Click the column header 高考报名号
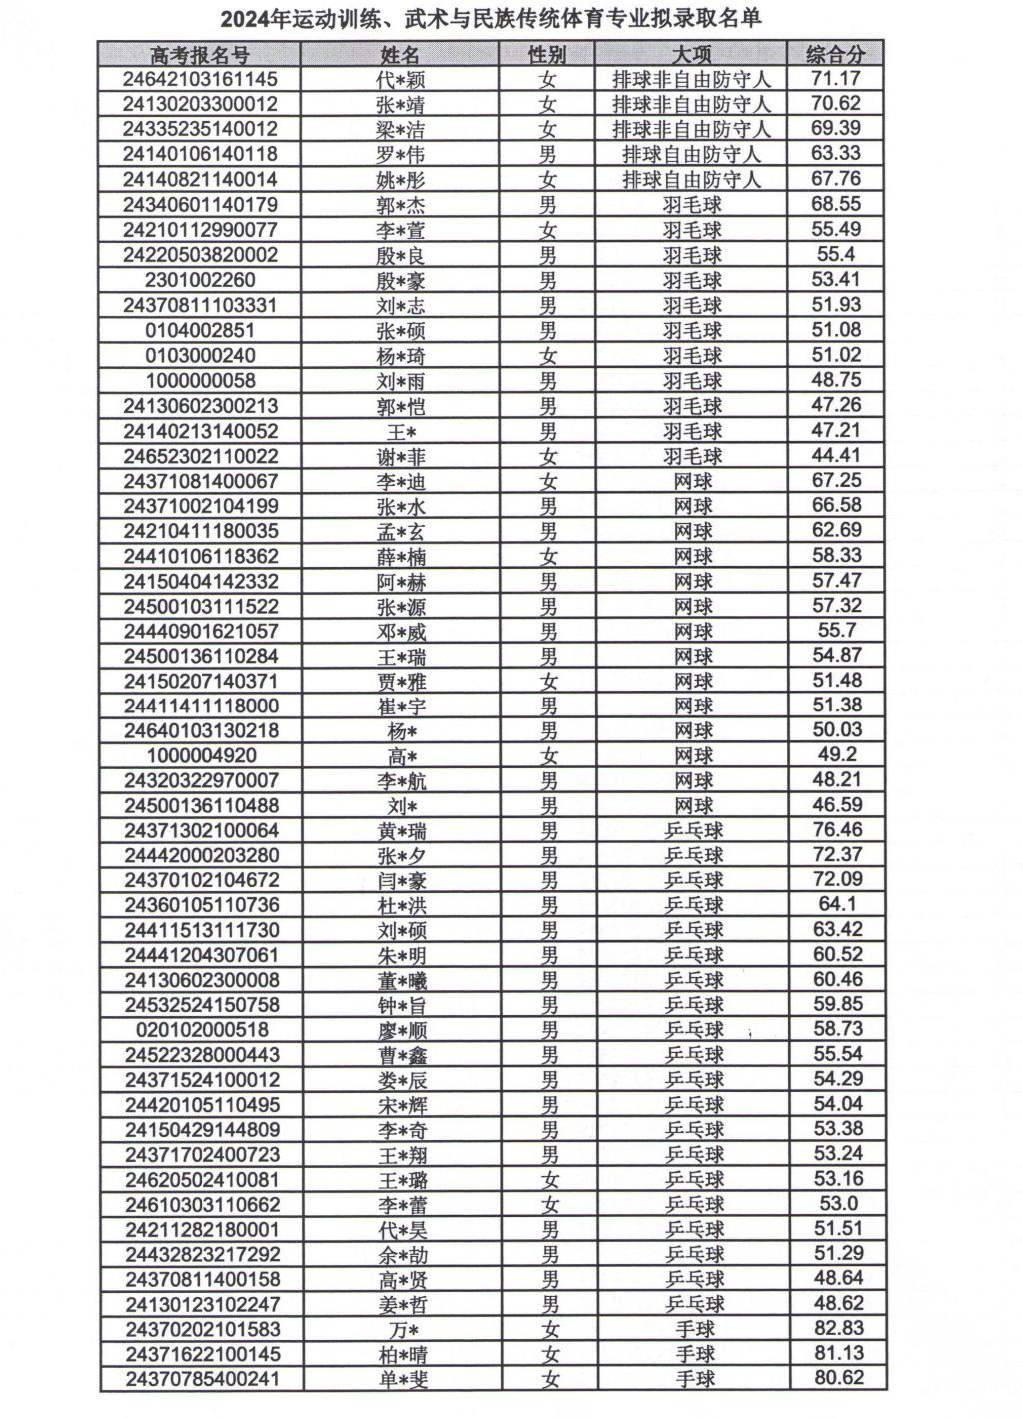pyautogui.click(x=200, y=54)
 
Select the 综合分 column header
pyautogui.click(x=836, y=54)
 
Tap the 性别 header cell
pyautogui.click(x=547, y=54)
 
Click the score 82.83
pyautogui.click(x=837, y=1329)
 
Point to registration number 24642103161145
pyautogui.click(x=200, y=79)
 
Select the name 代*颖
pyautogui.click(x=401, y=80)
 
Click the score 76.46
pyautogui.click(x=837, y=830)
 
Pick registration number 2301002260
pyautogui.click(x=200, y=280)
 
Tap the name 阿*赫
pyautogui.click(x=401, y=581)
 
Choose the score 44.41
pyautogui.click(x=837, y=456)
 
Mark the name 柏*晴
pyautogui.click(x=401, y=1354)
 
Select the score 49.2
pyautogui.click(x=837, y=755)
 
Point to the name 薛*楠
pyautogui.click(x=401, y=556)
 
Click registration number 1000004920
pyautogui.click(x=200, y=755)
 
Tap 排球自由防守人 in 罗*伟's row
pyautogui.click(x=691, y=154)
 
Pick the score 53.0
pyautogui.click(x=837, y=1204)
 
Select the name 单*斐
pyautogui.click(x=401, y=1379)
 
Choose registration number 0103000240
pyautogui.click(x=200, y=355)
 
